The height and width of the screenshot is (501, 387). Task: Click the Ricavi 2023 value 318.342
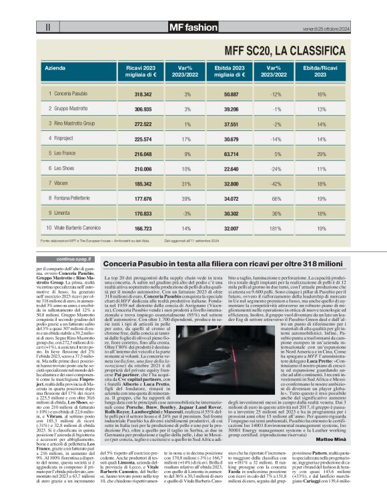[x=143, y=95]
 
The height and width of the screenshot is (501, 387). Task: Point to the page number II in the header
[x=47, y=27]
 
